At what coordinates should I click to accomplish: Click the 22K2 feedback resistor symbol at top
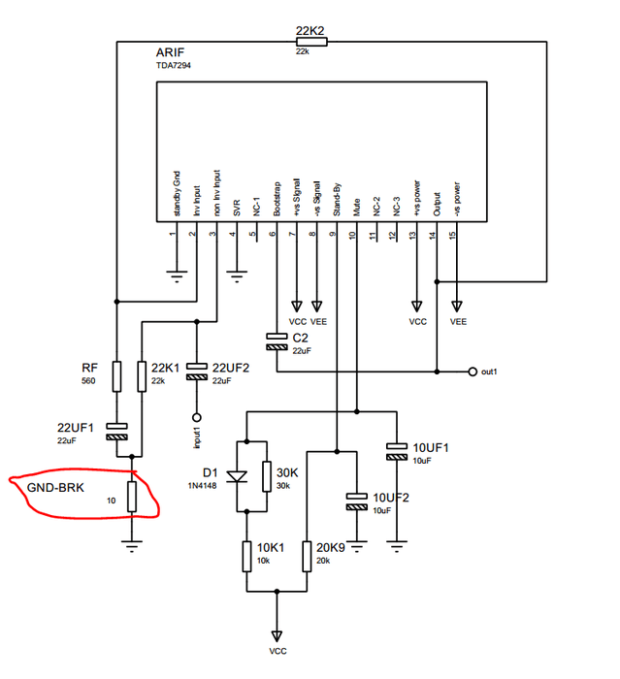coord(310,41)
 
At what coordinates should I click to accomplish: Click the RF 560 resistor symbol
coord(115,375)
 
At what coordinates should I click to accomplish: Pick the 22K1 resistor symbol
coord(142,375)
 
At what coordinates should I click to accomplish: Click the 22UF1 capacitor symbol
coord(115,430)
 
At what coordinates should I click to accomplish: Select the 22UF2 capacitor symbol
coord(197,370)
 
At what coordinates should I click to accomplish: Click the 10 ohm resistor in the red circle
coord(132,495)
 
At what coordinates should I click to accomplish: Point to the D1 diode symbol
coord(236,475)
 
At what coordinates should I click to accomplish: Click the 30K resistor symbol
coord(266,475)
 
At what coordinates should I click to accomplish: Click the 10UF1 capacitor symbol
coord(397,450)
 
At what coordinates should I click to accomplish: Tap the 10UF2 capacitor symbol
coord(356,501)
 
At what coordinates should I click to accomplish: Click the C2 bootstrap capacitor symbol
coord(277,341)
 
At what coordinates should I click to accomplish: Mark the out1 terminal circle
coord(472,372)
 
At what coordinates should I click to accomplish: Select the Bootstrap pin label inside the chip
coord(277,199)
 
